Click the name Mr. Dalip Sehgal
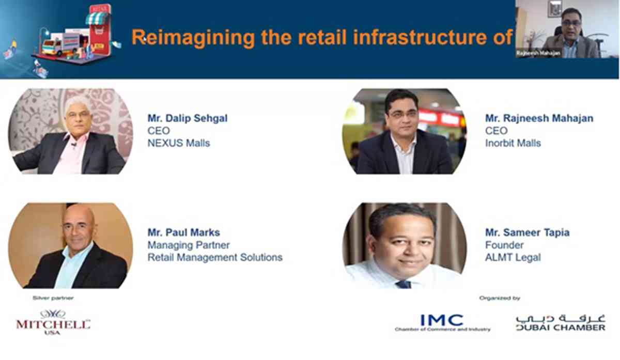click(x=188, y=118)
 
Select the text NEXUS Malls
click(x=179, y=143)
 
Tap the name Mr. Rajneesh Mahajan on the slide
click(x=539, y=118)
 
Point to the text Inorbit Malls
click(x=513, y=143)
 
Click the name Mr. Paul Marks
click(x=184, y=232)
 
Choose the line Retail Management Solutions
click(x=215, y=257)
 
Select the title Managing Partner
click(x=189, y=245)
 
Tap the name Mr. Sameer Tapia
click(x=528, y=232)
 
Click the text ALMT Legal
click(x=513, y=257)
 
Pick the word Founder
click(x=504, y=245)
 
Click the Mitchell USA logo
click(x=53, y=323)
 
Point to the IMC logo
click(x=442, y=323)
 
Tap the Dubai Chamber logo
click(x=561, y=323)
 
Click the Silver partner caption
click(x=53, y=298)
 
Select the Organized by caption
click(x=500, y=298)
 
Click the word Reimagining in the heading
click(x=193, y=38)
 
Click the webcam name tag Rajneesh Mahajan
click(x=538, y=53)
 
